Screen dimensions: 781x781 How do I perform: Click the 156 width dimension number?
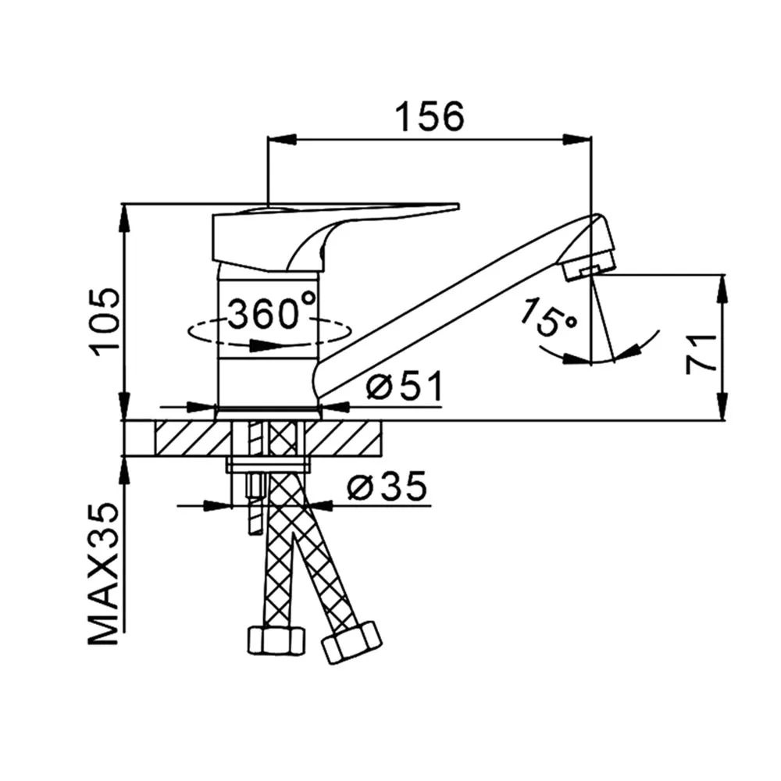430,116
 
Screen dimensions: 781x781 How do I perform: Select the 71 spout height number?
701,354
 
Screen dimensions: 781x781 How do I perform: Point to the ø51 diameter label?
404,387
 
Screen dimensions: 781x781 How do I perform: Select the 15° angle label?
547,318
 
